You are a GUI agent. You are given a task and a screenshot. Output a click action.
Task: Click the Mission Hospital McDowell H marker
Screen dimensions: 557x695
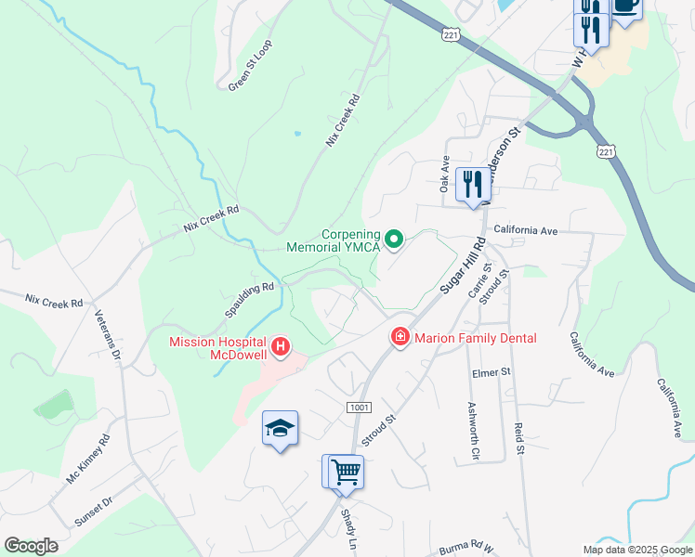coord(281,348)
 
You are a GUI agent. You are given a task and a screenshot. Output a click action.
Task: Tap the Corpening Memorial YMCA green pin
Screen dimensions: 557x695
coord(394,240)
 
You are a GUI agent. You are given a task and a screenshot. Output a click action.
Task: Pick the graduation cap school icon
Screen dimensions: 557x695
coord(280,428)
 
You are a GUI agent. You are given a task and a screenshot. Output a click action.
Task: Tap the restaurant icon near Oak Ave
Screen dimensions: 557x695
coord(473,183)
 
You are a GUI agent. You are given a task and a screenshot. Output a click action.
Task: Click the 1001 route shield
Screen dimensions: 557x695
coord(359,408)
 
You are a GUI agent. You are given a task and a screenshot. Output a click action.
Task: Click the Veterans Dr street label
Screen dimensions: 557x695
coord(109,339)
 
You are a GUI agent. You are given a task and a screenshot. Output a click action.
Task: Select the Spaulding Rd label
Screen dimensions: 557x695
coord(250,300)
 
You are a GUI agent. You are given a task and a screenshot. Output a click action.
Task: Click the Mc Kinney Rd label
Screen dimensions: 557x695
coord(87,459)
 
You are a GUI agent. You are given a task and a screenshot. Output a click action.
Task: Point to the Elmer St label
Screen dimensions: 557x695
coord(492,372)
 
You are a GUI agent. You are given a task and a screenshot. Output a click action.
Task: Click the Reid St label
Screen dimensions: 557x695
coord(518,439)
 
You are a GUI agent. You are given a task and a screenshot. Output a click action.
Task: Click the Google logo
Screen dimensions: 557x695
coord(31,546)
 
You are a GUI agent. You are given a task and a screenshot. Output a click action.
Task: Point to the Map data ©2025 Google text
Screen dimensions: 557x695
coord(636,549)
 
